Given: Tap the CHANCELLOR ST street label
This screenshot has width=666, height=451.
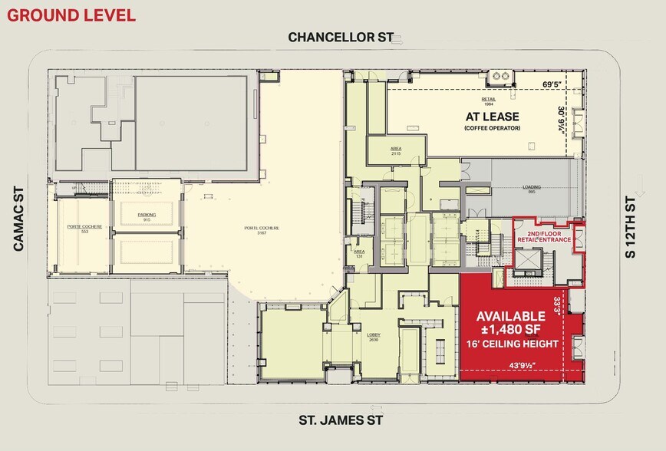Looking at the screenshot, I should [x=336, y=38].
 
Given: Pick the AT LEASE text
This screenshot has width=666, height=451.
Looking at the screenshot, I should [x=493, y=117].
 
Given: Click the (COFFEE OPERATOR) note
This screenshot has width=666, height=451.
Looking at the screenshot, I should [x=492, y=129].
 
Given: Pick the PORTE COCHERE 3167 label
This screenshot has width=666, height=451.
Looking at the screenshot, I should [x=262, y=229].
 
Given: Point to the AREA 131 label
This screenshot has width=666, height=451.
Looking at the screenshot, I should [x=358, y=254].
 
